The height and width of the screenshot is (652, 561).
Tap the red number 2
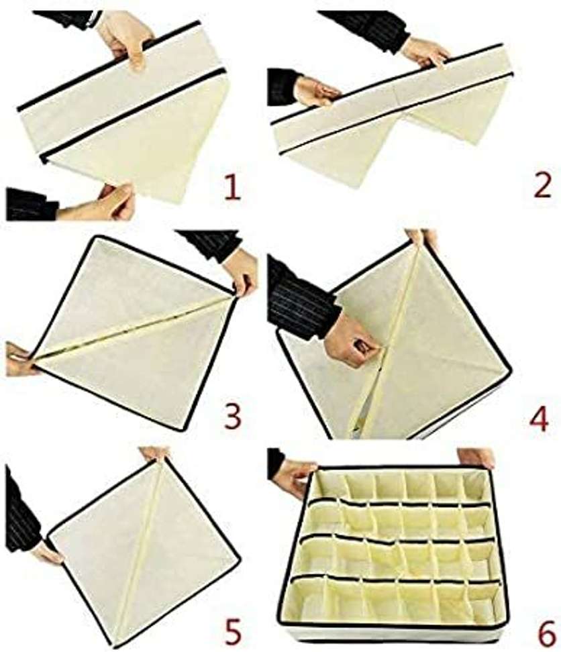coord(542,186)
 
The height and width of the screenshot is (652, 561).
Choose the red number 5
coord(232,632)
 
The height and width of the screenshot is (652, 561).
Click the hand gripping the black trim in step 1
coord(127,37)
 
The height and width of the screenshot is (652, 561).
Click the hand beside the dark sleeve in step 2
coord(316,91)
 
